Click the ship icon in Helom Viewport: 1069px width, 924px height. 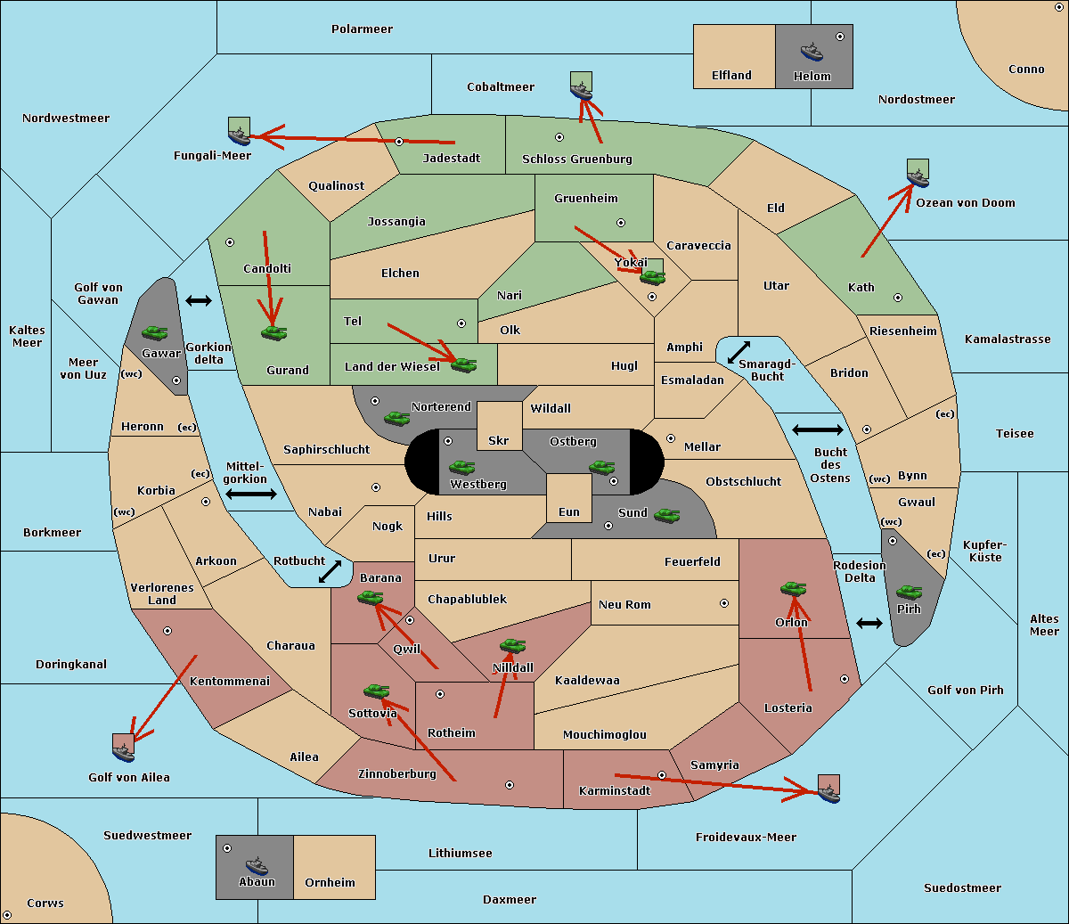812,52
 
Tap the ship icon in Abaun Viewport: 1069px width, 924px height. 257,867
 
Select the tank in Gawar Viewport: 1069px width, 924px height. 155,332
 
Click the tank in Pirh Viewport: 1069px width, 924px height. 909,592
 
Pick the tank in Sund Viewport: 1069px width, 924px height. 666,515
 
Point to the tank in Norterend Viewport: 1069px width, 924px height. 396,418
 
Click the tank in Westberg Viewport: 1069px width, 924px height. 461,467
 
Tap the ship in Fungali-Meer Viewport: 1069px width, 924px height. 239,135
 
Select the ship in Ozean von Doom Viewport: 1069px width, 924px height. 918,178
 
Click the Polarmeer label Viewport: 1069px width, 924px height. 362,29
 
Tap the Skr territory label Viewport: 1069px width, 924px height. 499,440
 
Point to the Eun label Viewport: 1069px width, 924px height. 569,511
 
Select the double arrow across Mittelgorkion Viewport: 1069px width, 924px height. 251,494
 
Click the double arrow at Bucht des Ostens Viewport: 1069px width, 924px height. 818,429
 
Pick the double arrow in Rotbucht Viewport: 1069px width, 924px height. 330,572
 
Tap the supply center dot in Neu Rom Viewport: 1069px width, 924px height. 724,603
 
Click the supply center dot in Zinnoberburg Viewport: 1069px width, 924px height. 510,785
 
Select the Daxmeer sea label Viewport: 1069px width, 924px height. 510,900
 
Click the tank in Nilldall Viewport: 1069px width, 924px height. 512,646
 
